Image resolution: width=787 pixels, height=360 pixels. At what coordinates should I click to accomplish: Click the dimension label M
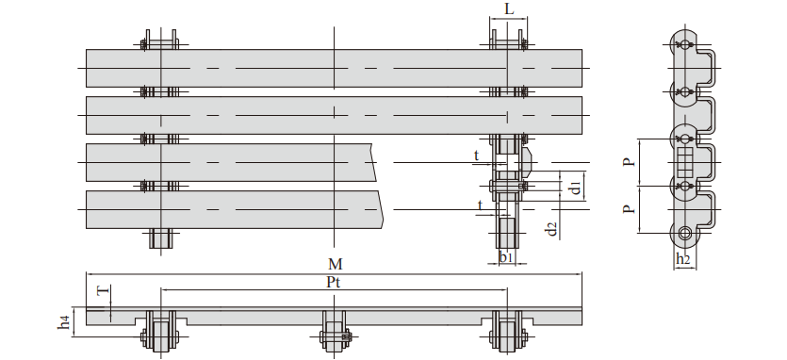(336, 264)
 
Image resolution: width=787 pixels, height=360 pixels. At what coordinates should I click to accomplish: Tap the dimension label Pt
(334, 282)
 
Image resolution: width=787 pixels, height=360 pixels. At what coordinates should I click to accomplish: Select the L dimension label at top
(510, 9)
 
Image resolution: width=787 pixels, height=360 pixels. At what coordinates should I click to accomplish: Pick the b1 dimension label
(506, 257)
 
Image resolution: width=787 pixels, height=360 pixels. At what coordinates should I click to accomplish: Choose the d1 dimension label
(576, 187)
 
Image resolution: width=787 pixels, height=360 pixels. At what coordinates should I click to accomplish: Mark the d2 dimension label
(551, 228)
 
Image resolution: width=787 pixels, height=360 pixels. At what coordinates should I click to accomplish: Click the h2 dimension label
(683, 259)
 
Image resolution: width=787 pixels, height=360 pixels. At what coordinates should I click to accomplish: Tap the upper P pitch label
(629, 162)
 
